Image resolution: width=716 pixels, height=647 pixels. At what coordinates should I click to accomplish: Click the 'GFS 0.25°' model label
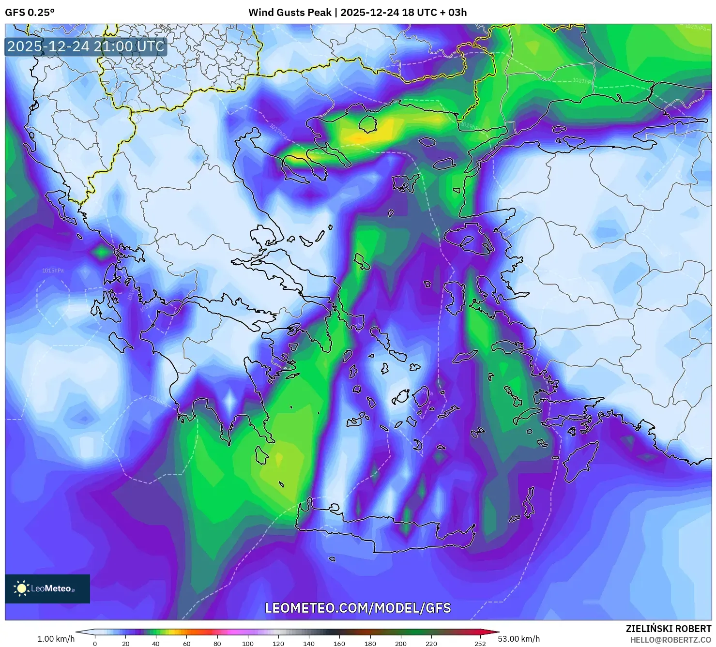click(x=30, y=13)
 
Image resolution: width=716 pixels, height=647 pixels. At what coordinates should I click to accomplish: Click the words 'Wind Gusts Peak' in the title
click(x=289, y=13)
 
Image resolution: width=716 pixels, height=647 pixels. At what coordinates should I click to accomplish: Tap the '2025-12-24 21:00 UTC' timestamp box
click(x=86, y=46)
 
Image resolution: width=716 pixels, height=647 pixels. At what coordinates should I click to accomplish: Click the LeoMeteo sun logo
click(x=21, y=588)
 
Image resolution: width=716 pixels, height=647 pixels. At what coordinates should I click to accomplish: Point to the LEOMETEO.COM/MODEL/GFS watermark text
click(x=358, y=608)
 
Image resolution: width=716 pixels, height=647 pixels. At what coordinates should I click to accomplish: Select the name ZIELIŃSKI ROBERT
click(x=668, y=629)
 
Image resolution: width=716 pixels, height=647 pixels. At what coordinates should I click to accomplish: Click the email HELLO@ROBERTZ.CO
click(x=670, y=640)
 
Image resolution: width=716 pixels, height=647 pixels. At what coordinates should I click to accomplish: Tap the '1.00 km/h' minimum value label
click(x=56, y=639)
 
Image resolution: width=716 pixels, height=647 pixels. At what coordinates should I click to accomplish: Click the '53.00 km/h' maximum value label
click(x=518, y=639)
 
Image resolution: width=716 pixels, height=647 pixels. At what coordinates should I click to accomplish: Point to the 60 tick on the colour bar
click(x=186, y=644)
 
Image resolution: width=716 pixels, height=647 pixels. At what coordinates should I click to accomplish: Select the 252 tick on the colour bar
click(x=480, y=644)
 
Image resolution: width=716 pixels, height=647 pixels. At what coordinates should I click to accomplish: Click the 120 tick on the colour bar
click(x=278, y=644)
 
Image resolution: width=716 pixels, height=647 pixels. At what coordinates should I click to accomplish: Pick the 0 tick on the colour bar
click(x=95, y=644)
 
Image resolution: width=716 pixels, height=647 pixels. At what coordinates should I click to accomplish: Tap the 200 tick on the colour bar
click(x=400, y=644)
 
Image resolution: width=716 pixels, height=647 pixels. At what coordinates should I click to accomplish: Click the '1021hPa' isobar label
click(x=582, y=81)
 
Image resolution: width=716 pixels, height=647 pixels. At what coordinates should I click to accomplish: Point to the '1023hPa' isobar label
click(x=695, y=28)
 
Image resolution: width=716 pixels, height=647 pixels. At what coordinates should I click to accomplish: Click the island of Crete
click(x=382, y=532)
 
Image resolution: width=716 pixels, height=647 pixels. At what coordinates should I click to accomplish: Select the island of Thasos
click(x=367, y=124)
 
